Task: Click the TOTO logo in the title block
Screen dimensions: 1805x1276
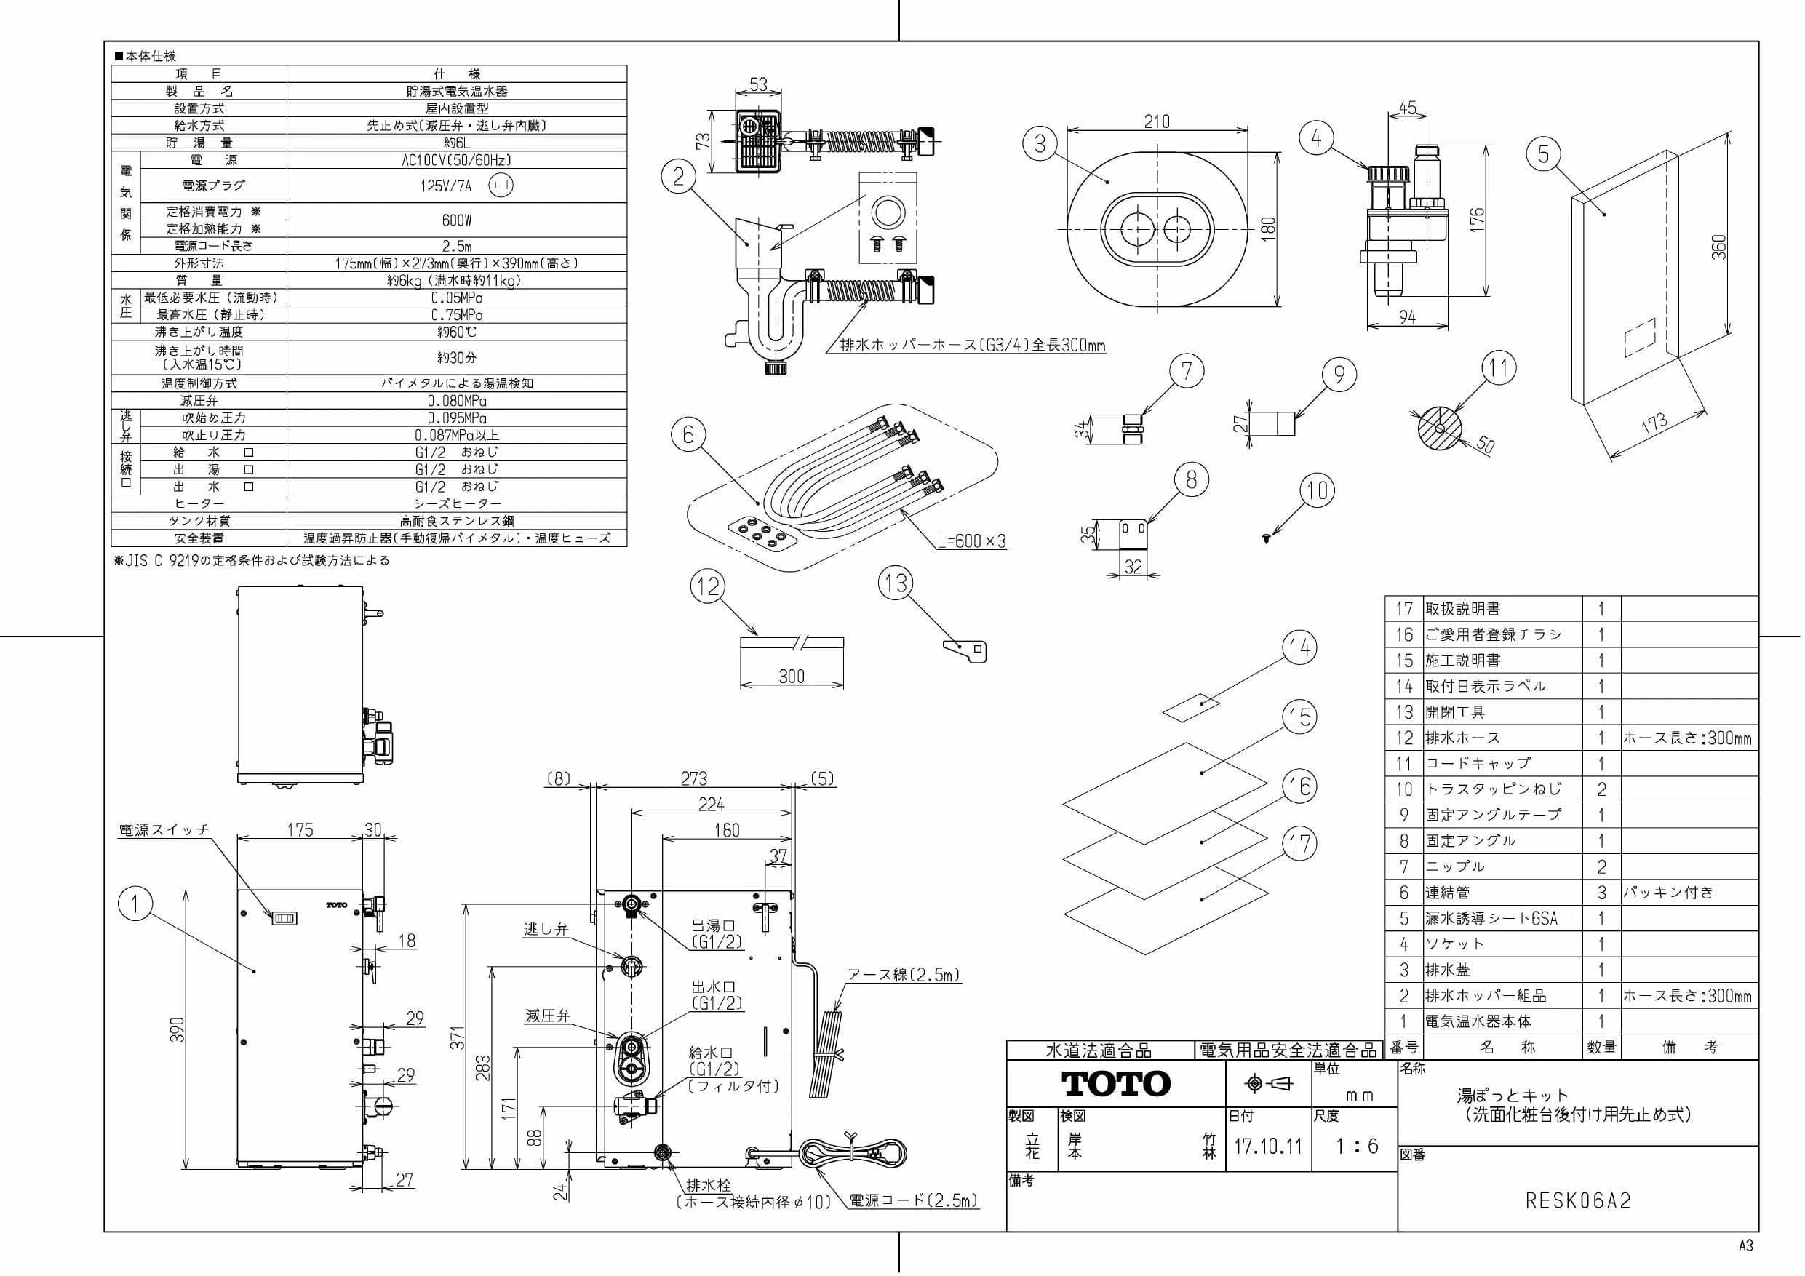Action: coord(1116,1084)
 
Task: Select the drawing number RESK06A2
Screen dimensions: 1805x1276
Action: coord(1578,1200)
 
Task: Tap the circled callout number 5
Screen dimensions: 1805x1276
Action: coord(1543,154)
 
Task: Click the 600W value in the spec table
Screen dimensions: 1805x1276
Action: coord(457,221)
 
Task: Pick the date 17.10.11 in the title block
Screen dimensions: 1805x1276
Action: coord(1268,1147)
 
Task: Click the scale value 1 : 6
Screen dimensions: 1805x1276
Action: coord(1357,1147)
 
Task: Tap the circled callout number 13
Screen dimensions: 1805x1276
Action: coord(896,583)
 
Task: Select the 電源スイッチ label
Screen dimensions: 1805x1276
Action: coord(164,829)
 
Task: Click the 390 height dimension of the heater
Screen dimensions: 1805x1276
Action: coord(178,1030)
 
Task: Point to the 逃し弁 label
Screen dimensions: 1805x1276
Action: coord(546,929)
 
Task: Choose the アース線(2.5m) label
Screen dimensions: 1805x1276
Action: coord(904,975)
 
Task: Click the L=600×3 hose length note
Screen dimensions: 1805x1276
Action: coord(972,541)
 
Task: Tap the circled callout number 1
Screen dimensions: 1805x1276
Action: coord(135,904)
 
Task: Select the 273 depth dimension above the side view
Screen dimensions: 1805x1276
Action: coord(693,778)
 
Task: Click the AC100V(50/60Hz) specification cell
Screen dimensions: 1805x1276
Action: coord(457,160)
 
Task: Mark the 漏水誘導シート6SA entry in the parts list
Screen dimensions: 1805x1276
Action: coord(1491,918)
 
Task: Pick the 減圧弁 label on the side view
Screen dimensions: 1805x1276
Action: coord(547,1016)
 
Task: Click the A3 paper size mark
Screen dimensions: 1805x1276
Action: coord(1746,1246)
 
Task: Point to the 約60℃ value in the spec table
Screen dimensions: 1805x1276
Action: coord(457,332)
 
